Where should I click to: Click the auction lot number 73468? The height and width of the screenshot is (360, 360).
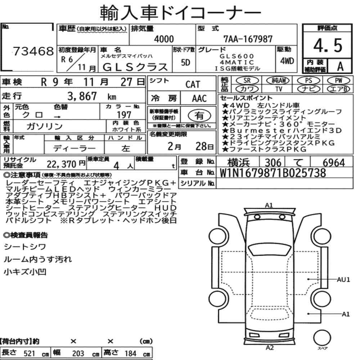click(x=33, y=51)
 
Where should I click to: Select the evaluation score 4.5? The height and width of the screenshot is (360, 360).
click(x=328, y=45)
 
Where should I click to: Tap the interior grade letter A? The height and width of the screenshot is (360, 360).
click(x=340, y=66)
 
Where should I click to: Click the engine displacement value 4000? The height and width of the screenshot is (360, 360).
click(x=164, y=39)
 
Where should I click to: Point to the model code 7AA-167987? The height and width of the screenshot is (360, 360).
click(x=248, y=39)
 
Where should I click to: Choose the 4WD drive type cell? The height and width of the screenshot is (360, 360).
click(x=287, y=61)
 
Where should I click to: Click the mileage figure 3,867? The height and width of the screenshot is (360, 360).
click(x=82, y=96)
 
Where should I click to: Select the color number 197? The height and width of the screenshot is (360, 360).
click(x=124, y=115)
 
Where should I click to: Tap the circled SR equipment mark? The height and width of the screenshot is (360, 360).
click(x=247, y=80)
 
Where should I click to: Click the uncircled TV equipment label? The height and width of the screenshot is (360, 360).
click(x=279, y=89)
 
